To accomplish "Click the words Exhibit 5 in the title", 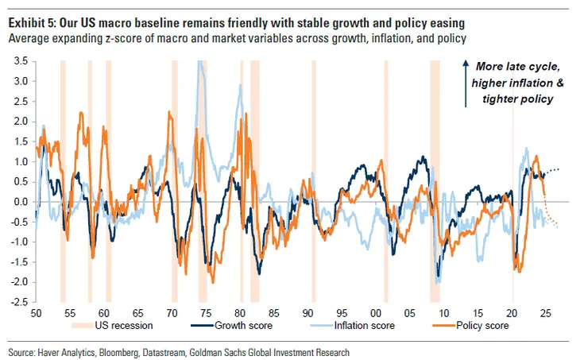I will tap(34, 22).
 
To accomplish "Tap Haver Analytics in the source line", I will tap(71, 351).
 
